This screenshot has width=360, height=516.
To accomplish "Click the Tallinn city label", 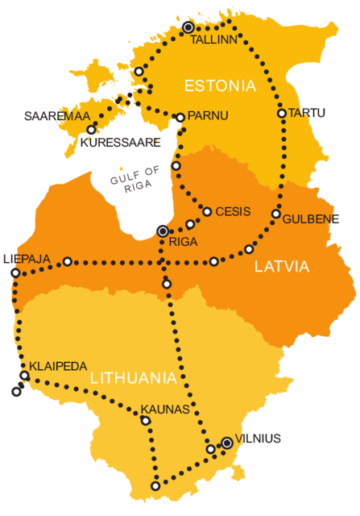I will click(213, 38).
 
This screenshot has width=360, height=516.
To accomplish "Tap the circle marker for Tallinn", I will click(188, 27).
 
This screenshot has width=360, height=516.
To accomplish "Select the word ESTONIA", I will click(220, 85).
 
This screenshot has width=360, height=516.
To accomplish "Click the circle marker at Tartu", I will click(282, 114).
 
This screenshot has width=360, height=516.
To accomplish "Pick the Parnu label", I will click(208, 116).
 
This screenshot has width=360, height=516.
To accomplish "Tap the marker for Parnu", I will click(180, 118).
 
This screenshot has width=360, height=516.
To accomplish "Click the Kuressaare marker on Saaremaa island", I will click(91, 130).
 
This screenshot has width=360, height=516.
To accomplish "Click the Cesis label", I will click(234, 212).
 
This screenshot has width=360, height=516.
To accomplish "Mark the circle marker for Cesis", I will click(207, 212).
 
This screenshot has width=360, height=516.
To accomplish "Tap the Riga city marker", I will click(163, 231).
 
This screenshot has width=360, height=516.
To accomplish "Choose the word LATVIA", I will click(281, 266).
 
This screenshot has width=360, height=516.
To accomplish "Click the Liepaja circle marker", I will click(15, 273).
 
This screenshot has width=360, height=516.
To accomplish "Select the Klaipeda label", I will click(58, 366).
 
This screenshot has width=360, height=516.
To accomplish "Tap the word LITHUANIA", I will click(133, 377).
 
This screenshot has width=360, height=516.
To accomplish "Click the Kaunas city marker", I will click(146, 420).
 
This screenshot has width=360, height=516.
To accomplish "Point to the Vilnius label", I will click(259, 439).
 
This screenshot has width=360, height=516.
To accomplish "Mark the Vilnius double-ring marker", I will click(227, 443).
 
